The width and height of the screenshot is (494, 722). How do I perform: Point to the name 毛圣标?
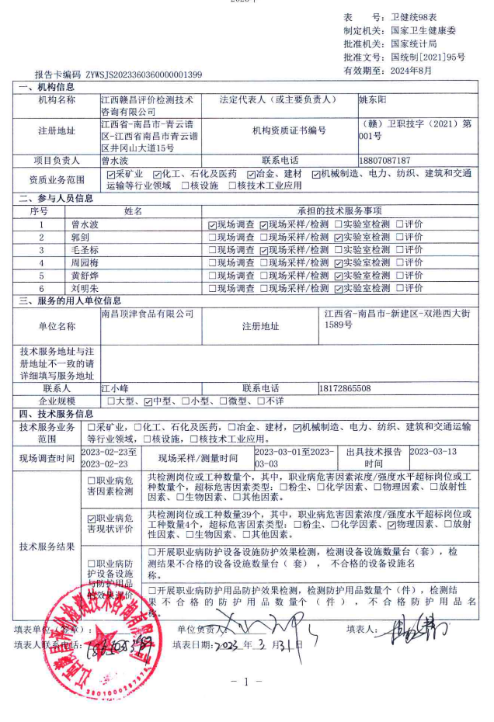pyautogui.click(x=85, y=249)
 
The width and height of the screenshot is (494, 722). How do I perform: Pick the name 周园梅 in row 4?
pyautogui.click(x=85, y=262)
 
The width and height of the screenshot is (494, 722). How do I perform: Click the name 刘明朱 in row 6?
pyautogui.click(x=85, y=288)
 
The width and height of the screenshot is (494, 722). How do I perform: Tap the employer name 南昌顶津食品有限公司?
pyautogui.click(x=148, y=314)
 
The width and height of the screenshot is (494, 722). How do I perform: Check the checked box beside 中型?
pyautogui.click(x=148, y=401)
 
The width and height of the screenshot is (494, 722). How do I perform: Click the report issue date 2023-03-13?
pyautogui.click(x=433, y=451)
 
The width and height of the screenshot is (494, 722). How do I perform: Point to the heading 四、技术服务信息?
pyautogui.click(x=55, y=414)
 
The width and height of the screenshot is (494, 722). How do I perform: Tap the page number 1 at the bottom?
pyautogui.click(x=246, y=681)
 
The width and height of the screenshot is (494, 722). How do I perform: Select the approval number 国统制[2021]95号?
pyautogui.click(x=428, y=57)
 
